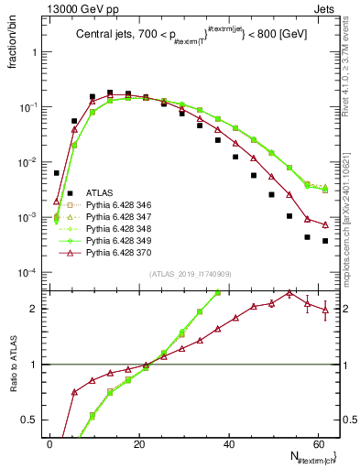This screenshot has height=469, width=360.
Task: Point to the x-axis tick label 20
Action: (x=139, y=442)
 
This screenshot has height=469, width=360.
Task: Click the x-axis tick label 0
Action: (x=50, y=442)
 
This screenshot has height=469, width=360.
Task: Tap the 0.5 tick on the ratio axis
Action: (x=32, y=419)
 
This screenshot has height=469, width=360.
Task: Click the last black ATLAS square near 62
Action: (x=325, y=241)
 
